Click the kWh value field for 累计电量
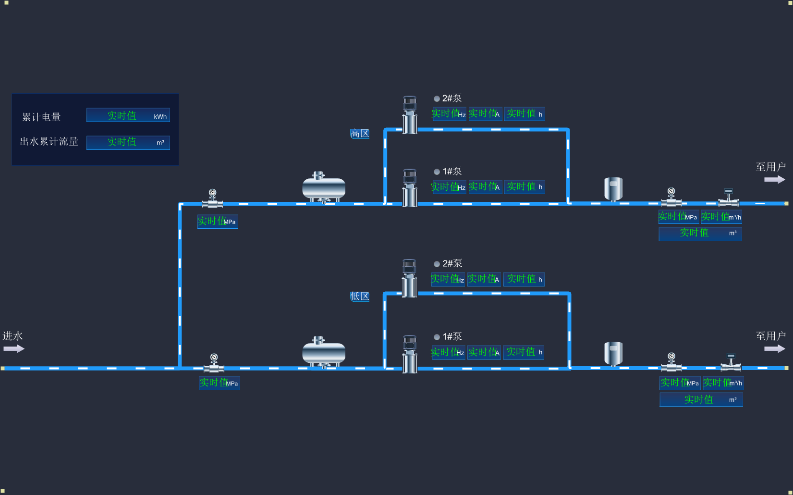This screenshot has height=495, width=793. [x=128, y=115]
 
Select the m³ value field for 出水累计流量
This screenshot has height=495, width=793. [x=128, y=143]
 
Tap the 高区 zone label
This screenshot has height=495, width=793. [x=360, y=134]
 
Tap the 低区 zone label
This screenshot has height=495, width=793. [x=360, y=296]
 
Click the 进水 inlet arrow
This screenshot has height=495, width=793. [x=14, y=348]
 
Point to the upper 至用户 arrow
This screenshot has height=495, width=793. [x=774, y=179]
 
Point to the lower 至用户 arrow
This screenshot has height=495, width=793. [x=774, y=348]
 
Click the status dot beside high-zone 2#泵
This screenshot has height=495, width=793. [x=437, y=99]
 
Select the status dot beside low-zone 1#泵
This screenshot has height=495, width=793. [x=437, y=337]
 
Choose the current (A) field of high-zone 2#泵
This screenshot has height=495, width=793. [x=485, y=114]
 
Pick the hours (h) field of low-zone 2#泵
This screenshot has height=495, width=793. [x=524, y=279]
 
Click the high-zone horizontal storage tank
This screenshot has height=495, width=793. [x=324, y=188]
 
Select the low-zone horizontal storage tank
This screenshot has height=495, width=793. [x=324, y=352]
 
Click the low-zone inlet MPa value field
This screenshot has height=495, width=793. [x=219, y=383]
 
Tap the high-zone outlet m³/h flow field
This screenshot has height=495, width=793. [x=721, y=217]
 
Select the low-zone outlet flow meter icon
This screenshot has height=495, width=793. [x=731, y=363]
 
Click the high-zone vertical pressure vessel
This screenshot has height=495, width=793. [x=613, y=189]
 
